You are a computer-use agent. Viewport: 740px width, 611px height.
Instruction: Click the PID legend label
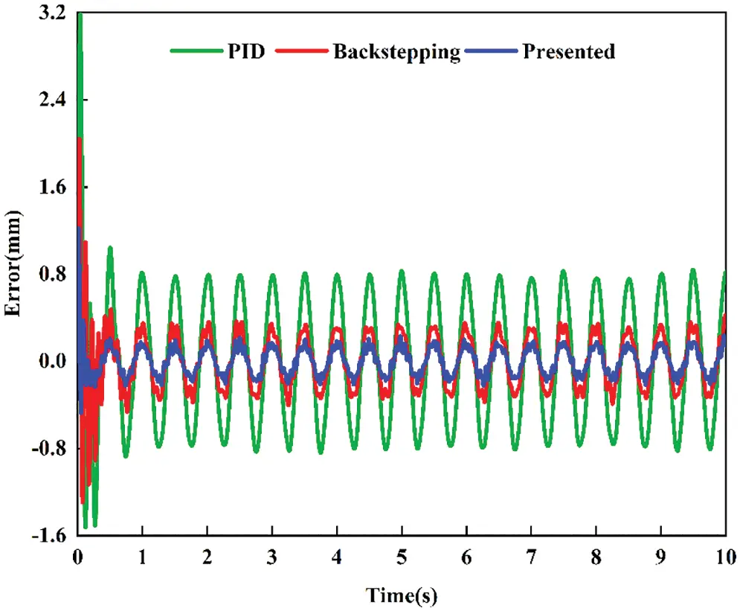point(245,52)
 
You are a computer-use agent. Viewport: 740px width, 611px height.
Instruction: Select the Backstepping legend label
point(396,53)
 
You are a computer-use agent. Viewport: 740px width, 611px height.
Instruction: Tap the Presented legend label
point(568,52)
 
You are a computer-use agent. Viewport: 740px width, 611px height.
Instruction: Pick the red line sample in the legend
point(301,52)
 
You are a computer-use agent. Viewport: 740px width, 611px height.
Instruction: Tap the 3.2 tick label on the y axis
point(54,13)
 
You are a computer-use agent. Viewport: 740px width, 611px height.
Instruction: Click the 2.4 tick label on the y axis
point(54,100)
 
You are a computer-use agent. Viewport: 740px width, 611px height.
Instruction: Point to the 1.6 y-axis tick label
point(54,187)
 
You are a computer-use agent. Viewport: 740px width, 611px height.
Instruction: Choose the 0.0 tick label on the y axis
point(54,362)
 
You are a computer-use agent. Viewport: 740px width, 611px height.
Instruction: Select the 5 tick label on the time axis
point(402,557)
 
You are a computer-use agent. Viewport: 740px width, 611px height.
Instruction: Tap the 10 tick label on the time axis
point(724,557)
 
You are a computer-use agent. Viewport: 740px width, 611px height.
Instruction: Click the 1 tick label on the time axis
point(142,557)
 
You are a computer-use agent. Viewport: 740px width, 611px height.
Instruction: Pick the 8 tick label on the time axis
point(596,557)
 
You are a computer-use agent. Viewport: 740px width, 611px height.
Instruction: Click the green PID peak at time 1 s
point(142,273)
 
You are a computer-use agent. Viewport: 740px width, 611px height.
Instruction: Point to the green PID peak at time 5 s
point(402,272)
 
